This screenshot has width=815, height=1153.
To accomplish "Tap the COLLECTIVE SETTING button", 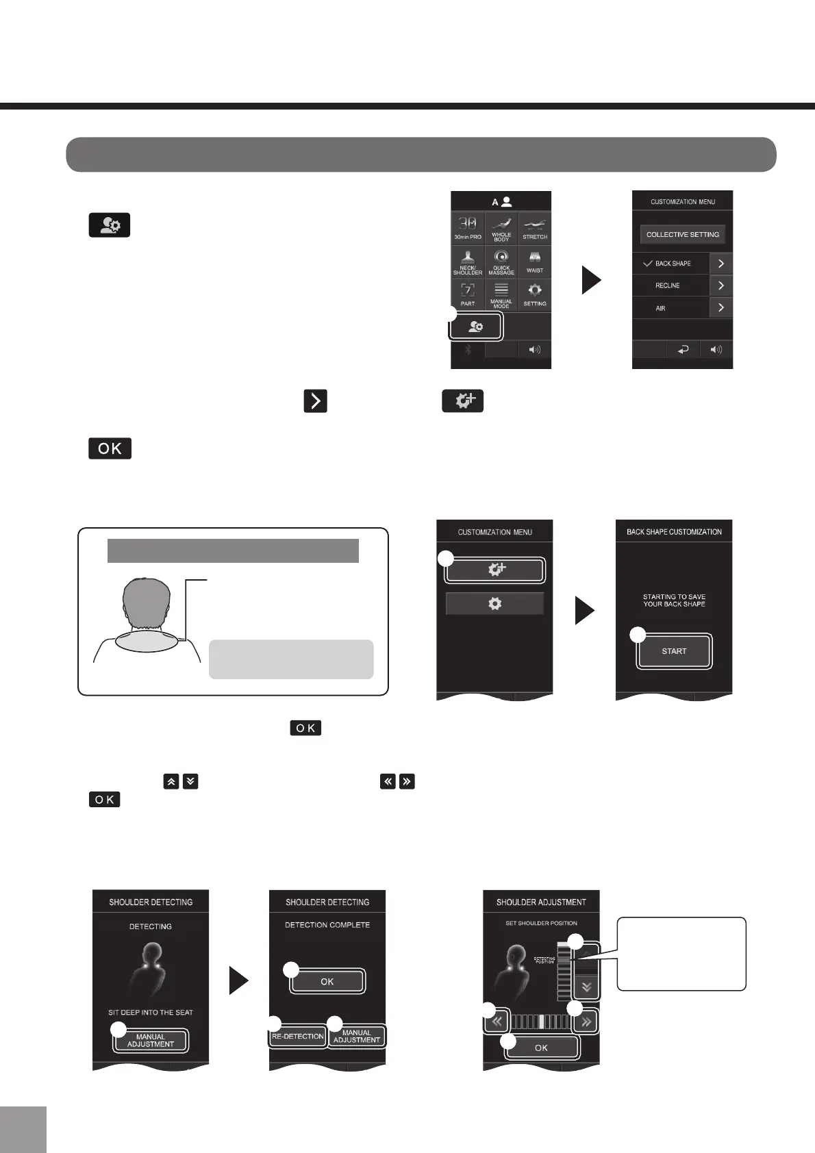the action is click(x=682, y=235).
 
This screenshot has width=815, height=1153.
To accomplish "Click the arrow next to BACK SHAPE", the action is click(x=720, y=264).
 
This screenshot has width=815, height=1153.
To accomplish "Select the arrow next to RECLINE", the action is click(x=720, y=286).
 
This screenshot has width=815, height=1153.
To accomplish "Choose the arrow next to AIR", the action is click(x=720, y=308).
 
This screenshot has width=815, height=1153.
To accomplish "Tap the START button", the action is click(x=674, y=651).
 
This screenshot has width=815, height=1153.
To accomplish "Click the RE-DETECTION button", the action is click(x=298, y=1037).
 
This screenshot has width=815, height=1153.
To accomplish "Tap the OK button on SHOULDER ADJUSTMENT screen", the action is click(x=541, y=1048).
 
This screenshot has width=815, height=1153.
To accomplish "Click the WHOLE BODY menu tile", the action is click(x=501, y=228).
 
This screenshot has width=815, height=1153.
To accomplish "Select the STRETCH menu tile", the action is click(x=535, y=228).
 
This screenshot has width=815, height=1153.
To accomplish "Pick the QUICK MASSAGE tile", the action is click(x=501, y=262).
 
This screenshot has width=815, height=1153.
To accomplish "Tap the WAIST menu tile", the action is click(x=535, y=262).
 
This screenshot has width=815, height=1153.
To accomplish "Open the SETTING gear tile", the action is click(x=535, y=294).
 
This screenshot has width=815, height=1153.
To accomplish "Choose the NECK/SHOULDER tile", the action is click(x=468, y=262).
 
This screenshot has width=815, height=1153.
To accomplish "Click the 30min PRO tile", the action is click(x=468, y=228).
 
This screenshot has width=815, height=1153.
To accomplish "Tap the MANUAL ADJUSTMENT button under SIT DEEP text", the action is click(x=151, y=1041).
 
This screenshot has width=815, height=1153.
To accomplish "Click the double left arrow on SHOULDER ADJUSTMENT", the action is click(x=497, y=1022).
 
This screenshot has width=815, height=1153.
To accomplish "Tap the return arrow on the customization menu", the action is click(x=683, y=350).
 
